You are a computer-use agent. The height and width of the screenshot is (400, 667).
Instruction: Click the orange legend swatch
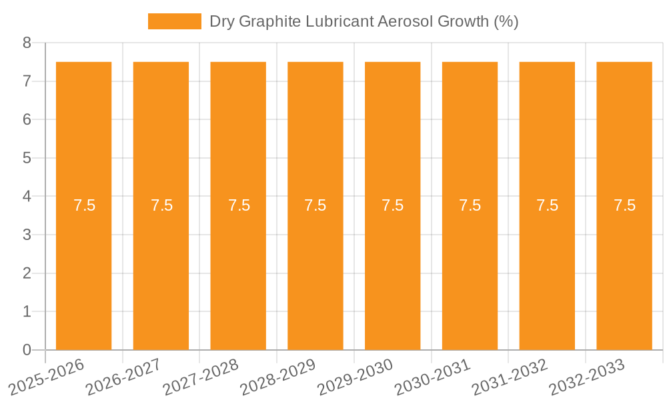174,21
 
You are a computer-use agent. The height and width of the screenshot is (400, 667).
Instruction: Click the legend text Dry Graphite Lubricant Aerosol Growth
364,21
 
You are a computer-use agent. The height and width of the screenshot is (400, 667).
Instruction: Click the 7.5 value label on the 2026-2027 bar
161,205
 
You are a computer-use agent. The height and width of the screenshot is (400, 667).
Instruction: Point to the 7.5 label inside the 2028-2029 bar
315,205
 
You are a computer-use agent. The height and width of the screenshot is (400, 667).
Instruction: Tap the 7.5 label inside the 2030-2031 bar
470,205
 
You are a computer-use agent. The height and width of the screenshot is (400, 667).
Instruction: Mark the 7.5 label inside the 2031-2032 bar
547,205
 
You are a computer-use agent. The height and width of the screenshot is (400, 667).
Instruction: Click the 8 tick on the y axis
27,43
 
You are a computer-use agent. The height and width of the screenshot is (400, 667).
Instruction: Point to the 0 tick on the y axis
27,350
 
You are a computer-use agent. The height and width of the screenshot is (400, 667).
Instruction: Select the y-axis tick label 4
27,197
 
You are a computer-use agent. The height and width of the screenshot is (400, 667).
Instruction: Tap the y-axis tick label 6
27,120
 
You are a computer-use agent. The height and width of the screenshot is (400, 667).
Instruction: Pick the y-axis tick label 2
27,273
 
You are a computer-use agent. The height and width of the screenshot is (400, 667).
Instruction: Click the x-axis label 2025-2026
47,377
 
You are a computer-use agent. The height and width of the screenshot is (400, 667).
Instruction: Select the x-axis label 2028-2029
277,377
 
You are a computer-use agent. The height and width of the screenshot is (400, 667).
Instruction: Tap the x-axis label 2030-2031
432,377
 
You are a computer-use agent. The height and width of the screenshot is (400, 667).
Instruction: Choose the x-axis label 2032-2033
586,377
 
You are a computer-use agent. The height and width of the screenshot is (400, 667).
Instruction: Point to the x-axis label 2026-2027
123,377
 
